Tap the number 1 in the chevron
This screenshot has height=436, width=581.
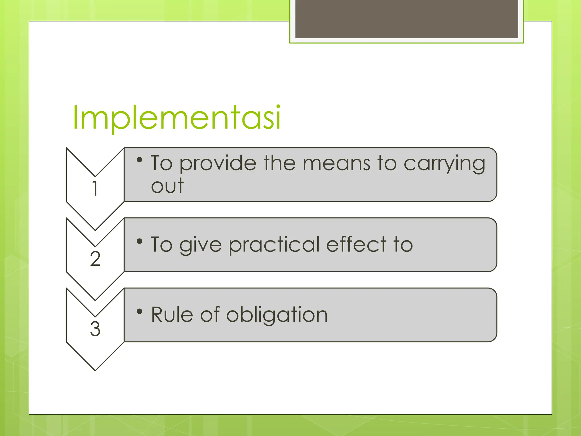95,188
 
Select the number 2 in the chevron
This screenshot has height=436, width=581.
95,259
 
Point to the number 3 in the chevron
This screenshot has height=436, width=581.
95,329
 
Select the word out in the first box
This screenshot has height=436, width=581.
167,186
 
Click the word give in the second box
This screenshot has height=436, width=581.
200,245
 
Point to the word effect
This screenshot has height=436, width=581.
357,244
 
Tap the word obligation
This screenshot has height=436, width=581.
277,315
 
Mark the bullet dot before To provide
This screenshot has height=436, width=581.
139,160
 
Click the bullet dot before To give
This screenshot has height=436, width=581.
139,242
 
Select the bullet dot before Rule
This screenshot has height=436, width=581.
139,312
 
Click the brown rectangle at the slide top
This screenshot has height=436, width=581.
407,19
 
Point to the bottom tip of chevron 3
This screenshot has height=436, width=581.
95,370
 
